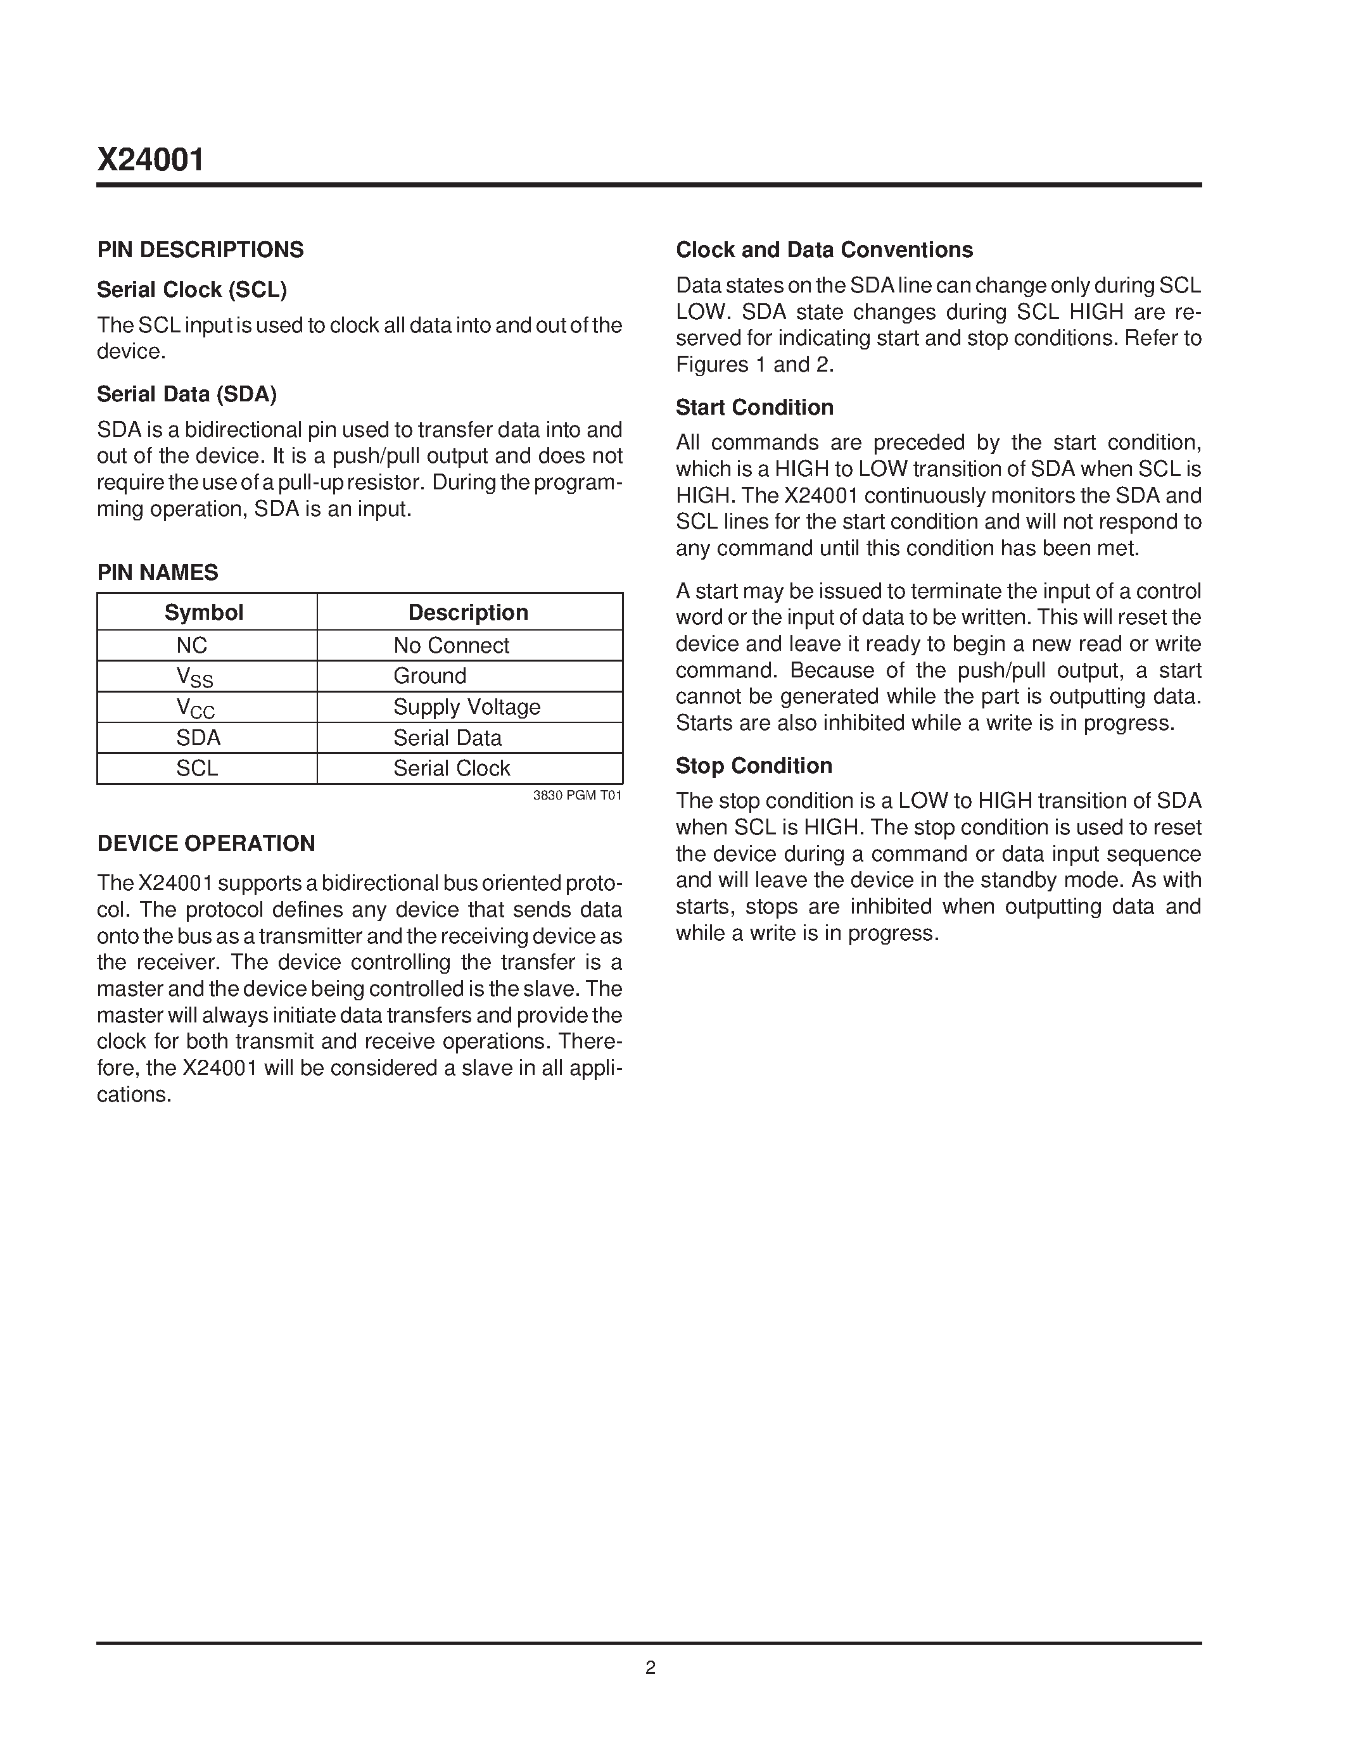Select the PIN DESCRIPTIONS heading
click(200, 249)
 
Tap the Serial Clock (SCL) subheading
click(191, 289)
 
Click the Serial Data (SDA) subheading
click(187, 394)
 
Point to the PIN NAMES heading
click(157, 572)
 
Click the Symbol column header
click(204, 612)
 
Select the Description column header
click(468, 612)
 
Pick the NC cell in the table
click(191, 645)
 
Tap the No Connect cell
click(452, 645)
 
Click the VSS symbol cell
click(194, 677)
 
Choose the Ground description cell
click(430, 676)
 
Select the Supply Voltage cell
click(466, 707)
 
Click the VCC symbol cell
click(195, 708)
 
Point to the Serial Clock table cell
click(452, 769)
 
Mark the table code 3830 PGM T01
click(577, 796)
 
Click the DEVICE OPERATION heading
click(206, 843)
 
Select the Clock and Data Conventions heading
click(823, 249)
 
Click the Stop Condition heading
click(754, 766)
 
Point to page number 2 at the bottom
click(650, 1668)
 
